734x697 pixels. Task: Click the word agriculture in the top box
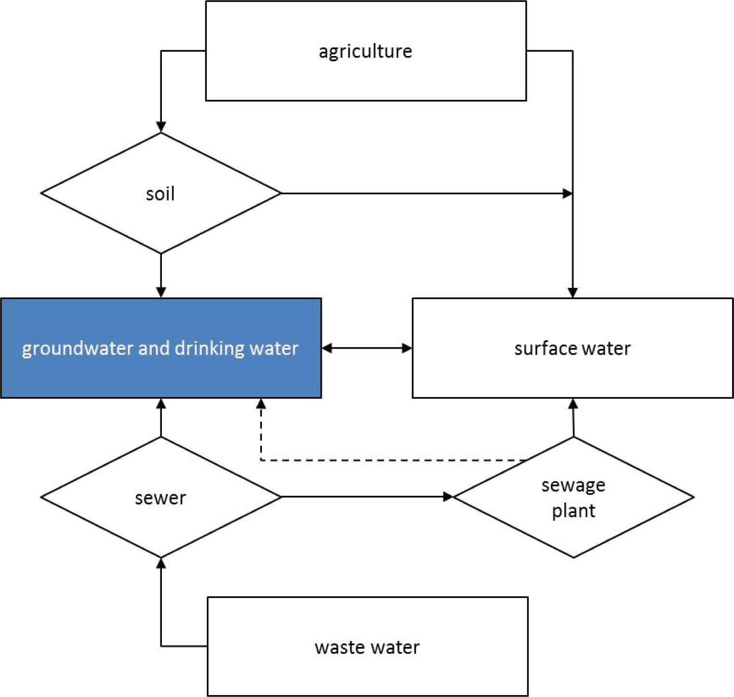coord(365,51)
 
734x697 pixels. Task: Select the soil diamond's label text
coord(160,194)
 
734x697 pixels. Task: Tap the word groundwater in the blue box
coord(78,349)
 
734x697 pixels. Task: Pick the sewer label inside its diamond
coord(160,498)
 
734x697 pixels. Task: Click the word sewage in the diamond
coord(573,485)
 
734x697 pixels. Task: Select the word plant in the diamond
coord(573,511)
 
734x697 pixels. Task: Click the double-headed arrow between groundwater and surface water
coord(367,348)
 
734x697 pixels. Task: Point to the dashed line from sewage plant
coord(387,460)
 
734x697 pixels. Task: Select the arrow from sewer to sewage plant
coord(362,497)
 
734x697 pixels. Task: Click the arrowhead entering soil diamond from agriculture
coord(161,127)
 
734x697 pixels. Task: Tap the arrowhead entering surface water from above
coord(573,292)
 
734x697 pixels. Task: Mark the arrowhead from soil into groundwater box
coord(161,292)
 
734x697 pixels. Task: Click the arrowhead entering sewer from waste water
coord(161,563)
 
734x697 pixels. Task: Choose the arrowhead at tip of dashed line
coord(261,404)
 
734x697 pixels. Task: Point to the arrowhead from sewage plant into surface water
coord(573,404)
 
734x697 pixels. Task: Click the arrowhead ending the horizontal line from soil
coord(567,194)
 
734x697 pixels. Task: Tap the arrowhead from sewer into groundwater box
coord(161,404)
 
